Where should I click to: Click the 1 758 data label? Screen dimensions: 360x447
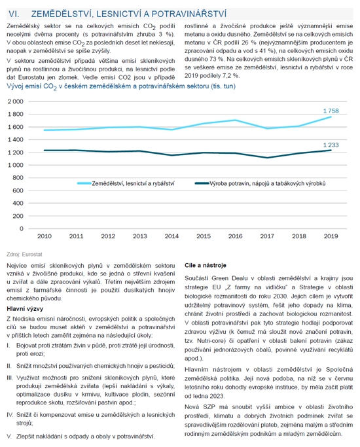click(x=331, y=111)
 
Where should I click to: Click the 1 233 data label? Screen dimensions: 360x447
click(x=331, y=145)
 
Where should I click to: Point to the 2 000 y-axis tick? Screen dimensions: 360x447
click(x=16, y=101)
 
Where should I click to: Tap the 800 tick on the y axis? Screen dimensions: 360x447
click(x=18, y=178)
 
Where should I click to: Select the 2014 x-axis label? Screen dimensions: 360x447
click(x=171, y=236)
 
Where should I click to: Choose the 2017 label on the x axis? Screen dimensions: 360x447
click(x=267, y=236)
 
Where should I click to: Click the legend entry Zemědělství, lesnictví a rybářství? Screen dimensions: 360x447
click(x=126, y=184)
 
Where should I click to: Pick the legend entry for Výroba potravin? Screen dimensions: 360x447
click(x=260, y=184)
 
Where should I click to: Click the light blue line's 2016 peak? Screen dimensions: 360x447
click(x=235, y=120)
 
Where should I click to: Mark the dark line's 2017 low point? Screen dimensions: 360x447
click(x=267, y=158)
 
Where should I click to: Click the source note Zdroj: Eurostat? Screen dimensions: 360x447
click(x=24, y=255)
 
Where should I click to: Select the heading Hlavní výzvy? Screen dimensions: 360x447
click(x=25, y=309)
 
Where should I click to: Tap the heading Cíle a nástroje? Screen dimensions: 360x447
click(x=206, y=265)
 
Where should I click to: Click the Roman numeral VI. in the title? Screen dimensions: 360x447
click(x=14, y=14)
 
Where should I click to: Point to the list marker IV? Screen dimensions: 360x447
click(x=10, y=415)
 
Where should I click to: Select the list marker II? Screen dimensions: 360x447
click(x=9, y=366)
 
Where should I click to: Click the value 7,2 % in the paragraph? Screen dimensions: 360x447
click(x=231, y=75)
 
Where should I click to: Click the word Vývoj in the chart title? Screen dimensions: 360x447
click(x=15, y=86)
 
